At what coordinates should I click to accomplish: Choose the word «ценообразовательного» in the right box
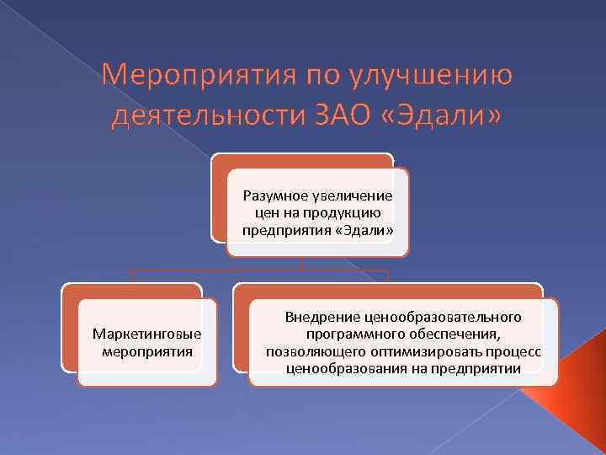[x=443, y=317]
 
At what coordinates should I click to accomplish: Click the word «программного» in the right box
[x=347, y=334]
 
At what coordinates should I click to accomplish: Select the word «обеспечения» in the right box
[x=450, y=334]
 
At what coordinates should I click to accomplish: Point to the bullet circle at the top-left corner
[x=11, y=11]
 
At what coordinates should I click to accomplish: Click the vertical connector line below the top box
[x=302, y=263]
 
